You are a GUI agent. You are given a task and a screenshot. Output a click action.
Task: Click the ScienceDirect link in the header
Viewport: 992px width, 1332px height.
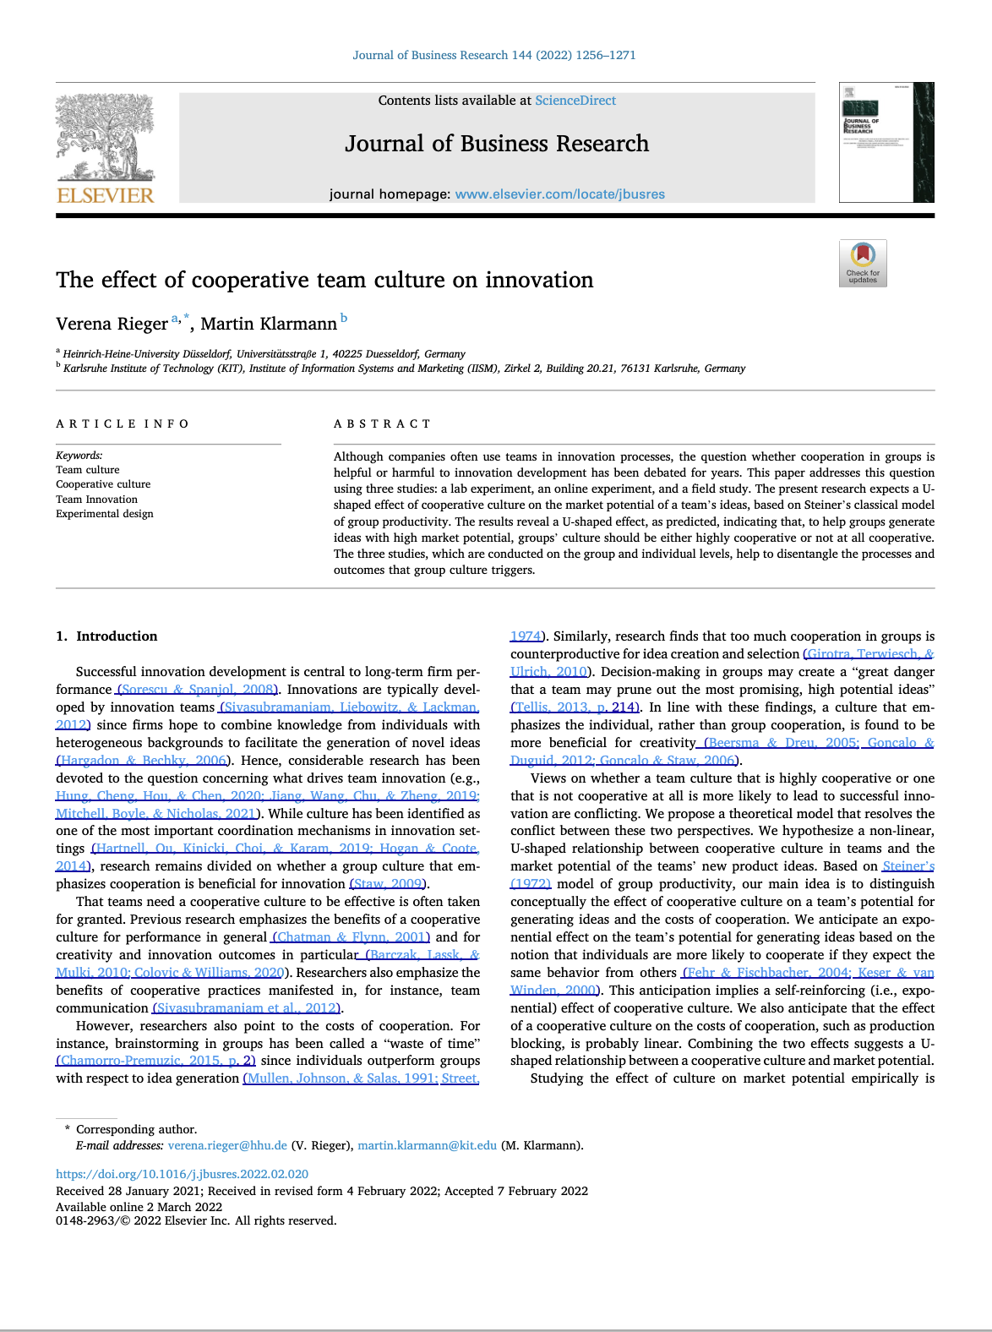click(575, 101)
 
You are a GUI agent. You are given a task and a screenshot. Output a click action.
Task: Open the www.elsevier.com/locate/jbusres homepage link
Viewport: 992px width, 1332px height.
click(559, 194)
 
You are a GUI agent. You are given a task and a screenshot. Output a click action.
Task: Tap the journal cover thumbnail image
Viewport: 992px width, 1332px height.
click(886, 142)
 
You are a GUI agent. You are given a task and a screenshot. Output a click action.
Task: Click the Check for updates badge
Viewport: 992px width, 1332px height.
click(863, 263)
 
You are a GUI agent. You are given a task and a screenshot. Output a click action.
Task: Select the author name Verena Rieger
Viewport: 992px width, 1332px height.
click(112, 324)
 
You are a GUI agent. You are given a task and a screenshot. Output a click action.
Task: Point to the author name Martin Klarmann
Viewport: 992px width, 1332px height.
click(269, 324)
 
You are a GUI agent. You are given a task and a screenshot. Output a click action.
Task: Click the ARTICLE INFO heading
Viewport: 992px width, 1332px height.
click(123, 424)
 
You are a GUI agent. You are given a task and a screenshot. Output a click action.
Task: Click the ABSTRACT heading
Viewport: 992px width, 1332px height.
click(382, 424)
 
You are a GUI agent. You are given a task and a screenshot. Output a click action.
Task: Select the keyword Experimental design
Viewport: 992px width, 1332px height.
click(105, 514)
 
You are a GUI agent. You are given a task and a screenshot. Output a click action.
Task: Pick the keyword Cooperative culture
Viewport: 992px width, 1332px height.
click(103, 484)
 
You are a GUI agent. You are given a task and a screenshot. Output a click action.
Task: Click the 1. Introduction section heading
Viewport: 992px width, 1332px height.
click(106, 636)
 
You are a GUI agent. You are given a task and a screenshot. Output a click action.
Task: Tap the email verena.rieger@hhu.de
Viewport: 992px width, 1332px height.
click(227, 1146)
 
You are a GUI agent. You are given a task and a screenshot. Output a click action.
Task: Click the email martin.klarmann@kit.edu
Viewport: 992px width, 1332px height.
click(427, 1146)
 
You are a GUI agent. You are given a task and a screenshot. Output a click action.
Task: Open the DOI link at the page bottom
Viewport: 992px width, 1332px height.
click(182, 1174)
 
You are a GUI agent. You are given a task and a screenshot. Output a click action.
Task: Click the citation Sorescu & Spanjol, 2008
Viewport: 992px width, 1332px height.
click(199, 690)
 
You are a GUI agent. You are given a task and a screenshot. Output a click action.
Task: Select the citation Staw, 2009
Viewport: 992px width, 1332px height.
click(387, 884)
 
